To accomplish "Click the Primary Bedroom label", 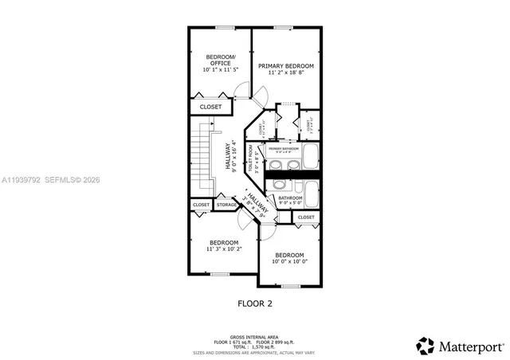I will tap(285, 65).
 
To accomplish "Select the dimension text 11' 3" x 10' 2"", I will tap(224, 248).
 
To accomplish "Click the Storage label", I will tap(226, 205).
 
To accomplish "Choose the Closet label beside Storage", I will tap(201, 205).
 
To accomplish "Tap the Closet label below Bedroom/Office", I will tap(210, 106).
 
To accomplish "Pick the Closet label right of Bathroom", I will tap(306, 217).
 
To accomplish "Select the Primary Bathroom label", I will tap(283, 149).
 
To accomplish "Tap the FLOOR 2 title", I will tap(255, 303).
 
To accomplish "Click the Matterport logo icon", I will tap(426, 346).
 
